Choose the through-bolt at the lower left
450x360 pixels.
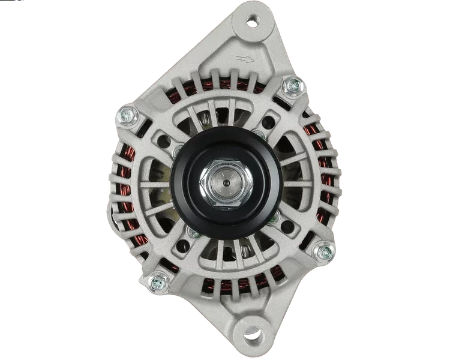(x=158, y=280)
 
